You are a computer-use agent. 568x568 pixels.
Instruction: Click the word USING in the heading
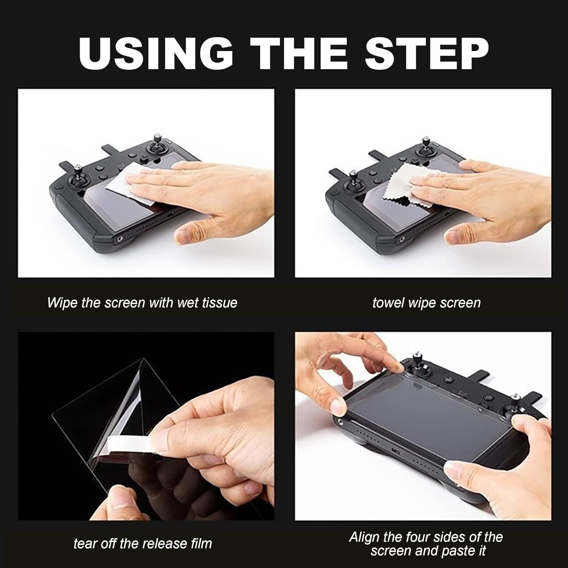156,53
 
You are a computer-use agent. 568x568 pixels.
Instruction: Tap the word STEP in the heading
427,53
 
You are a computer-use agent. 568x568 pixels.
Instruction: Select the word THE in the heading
300,53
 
